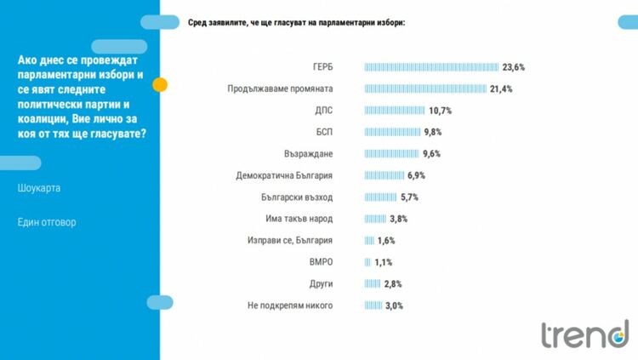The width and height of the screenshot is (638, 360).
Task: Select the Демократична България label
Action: [x=284, y=175]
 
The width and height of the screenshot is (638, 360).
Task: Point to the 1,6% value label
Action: [x=387, y=241]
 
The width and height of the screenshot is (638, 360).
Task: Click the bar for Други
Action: [x=372, y=284]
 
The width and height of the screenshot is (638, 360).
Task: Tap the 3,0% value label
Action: [x=394, y=306]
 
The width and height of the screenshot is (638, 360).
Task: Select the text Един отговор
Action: [x=47, y=223]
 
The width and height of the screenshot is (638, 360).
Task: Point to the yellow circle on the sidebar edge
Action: [x=159, y=85]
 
